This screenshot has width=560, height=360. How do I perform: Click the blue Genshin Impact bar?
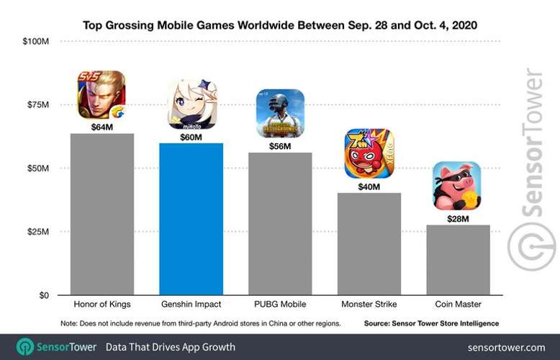[191, 219]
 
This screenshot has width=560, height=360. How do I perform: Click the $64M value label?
[101, 127]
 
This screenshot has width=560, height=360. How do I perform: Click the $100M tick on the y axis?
[35, 41]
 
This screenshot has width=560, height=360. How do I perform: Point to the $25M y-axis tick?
[36, 232]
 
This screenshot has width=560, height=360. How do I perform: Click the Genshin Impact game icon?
[191, 103]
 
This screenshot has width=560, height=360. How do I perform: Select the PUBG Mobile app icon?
[281, 113]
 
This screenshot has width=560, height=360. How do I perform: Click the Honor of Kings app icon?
[101, 95]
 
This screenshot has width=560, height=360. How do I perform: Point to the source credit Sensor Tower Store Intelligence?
[431, 323]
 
